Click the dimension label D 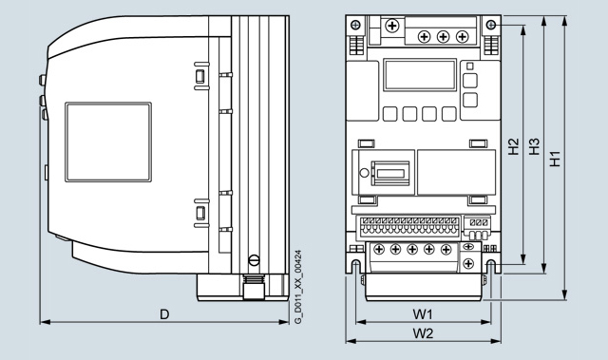(164, 314)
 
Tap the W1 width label (422, 314)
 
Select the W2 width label (423, 333)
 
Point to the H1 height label (555, 159)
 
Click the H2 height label (513, 146)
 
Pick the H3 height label (534, 146)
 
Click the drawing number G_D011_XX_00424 (297, 287)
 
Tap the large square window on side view (108, 142)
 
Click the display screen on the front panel (420, 75)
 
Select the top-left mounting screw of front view (355, 26)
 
